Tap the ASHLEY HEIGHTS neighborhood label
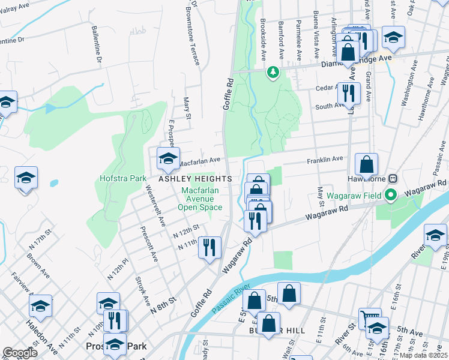point(195,179)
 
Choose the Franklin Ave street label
point(325,159)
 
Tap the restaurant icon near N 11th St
point(209,247)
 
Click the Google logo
point(20,353)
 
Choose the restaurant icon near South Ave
point(348,92)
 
